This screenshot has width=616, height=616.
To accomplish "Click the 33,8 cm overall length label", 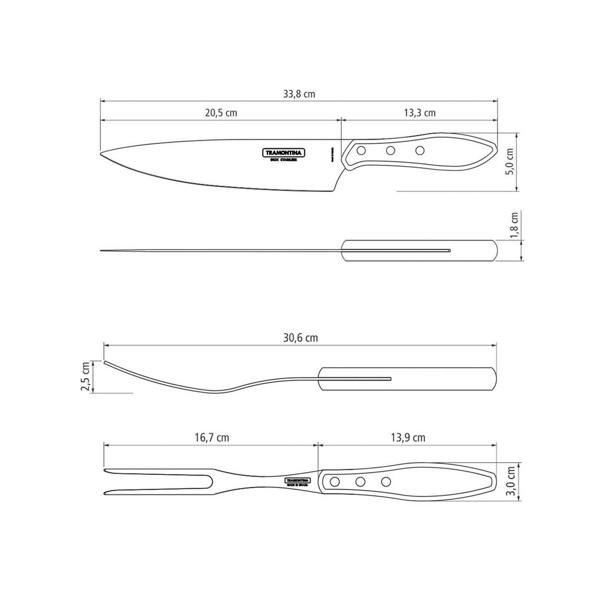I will point(299,94).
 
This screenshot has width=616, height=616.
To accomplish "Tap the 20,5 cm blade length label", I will point(221,113).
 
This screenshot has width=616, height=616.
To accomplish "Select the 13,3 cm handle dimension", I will point(419,113).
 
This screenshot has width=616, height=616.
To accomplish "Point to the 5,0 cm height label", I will point(510,162).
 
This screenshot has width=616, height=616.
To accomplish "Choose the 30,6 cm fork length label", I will point(301,338).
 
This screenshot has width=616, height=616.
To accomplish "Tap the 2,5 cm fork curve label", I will point(86,377).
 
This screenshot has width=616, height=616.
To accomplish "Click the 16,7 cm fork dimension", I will point(212,438).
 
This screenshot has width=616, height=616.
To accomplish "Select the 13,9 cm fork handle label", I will point(408,438).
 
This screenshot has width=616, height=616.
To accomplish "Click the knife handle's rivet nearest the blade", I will point(361,150).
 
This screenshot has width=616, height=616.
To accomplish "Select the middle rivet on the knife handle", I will point(390,150).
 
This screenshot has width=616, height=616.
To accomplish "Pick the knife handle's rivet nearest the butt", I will point(420,150).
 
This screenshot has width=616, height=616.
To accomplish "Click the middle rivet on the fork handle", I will point(361,482).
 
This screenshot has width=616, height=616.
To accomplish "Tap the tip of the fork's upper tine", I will point(105,470).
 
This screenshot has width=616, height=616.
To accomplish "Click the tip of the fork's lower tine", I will point(105,494).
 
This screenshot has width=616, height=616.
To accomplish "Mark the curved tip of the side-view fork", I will point(105,362).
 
